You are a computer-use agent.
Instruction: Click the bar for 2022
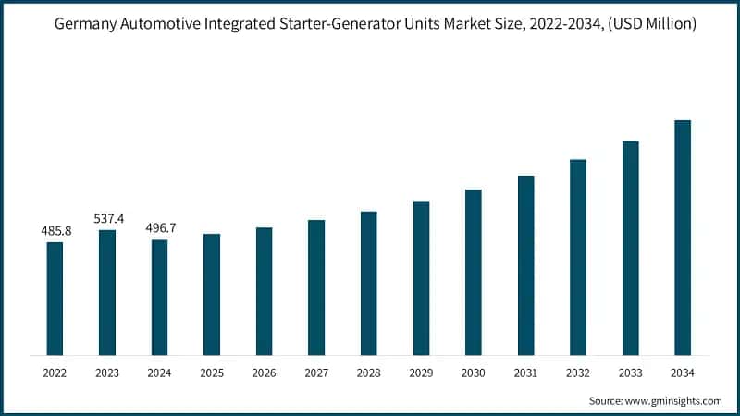pos(55,298)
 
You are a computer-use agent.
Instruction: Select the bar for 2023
pos(107,292)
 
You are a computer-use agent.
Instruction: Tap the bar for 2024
pos(159,297)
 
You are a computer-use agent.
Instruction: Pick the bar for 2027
pos(316,287)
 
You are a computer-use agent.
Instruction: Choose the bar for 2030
pos(474,272)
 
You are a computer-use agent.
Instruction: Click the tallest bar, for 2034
pos(683,237)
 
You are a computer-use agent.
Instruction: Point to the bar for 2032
pos(578,256)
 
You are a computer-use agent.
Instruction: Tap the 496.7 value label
pos(160,227)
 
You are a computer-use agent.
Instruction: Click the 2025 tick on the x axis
pos(212,373)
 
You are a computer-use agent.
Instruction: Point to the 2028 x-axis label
pos(368,373)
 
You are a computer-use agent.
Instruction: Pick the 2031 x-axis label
pos(525,373)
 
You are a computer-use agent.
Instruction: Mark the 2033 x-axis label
pos(630,373)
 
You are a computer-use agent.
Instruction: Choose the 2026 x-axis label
pos(264,373)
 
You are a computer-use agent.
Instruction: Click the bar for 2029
pos(421,277)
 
